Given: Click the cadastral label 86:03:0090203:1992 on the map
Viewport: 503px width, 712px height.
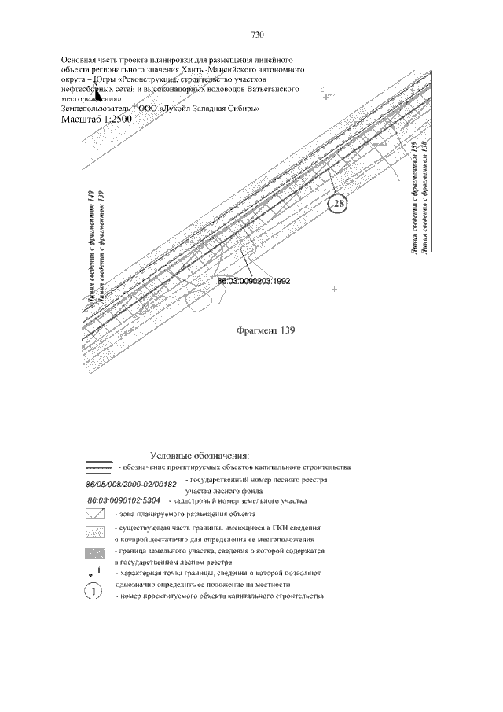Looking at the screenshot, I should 254,280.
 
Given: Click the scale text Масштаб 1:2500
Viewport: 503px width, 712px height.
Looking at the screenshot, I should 95,119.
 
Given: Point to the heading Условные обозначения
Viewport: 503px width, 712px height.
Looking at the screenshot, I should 199,455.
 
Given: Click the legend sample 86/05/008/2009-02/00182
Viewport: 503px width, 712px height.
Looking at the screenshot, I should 131,483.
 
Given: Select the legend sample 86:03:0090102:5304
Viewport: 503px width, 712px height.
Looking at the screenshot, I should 124,500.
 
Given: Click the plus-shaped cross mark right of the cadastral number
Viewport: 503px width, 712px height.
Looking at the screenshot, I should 335,290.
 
